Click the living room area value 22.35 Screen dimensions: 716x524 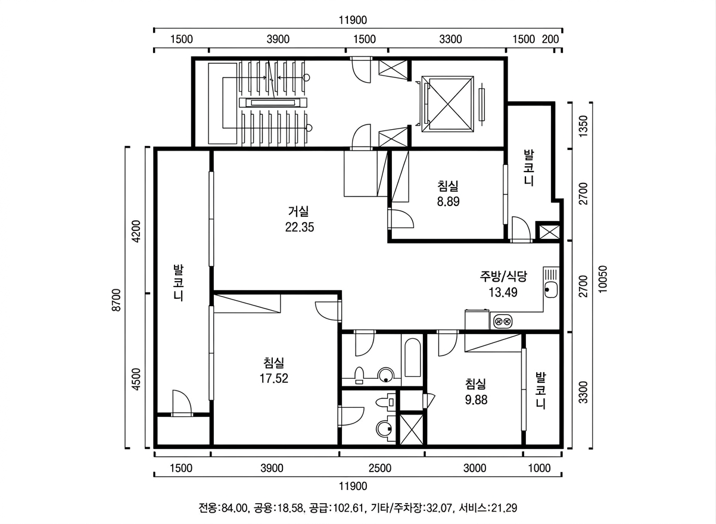[x=300, y=227]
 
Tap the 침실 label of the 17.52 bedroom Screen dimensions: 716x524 [x=273, y=363]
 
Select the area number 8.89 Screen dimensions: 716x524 [x=448, y=202]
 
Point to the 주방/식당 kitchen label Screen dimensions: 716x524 [x=503, y=276]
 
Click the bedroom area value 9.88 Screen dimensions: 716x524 [x=476, y=400]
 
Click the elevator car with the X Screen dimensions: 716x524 [x=447, y=104]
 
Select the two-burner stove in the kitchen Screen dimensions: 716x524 [x=503, y=320]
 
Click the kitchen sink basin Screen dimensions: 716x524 [x=551, y=290]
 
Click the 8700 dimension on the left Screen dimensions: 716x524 [x=117, y=300]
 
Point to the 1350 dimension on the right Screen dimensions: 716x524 [x=583, y=126]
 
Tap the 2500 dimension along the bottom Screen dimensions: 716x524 [x=379, y=468]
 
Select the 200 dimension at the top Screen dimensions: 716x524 [x=550, y=39]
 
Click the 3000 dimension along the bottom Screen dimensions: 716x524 [x=475, y=468]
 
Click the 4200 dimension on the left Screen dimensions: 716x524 [x=136, y=231]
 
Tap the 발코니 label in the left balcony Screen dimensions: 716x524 [x=178, y=282]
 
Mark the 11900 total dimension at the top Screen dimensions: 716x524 [x=353, y=20]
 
